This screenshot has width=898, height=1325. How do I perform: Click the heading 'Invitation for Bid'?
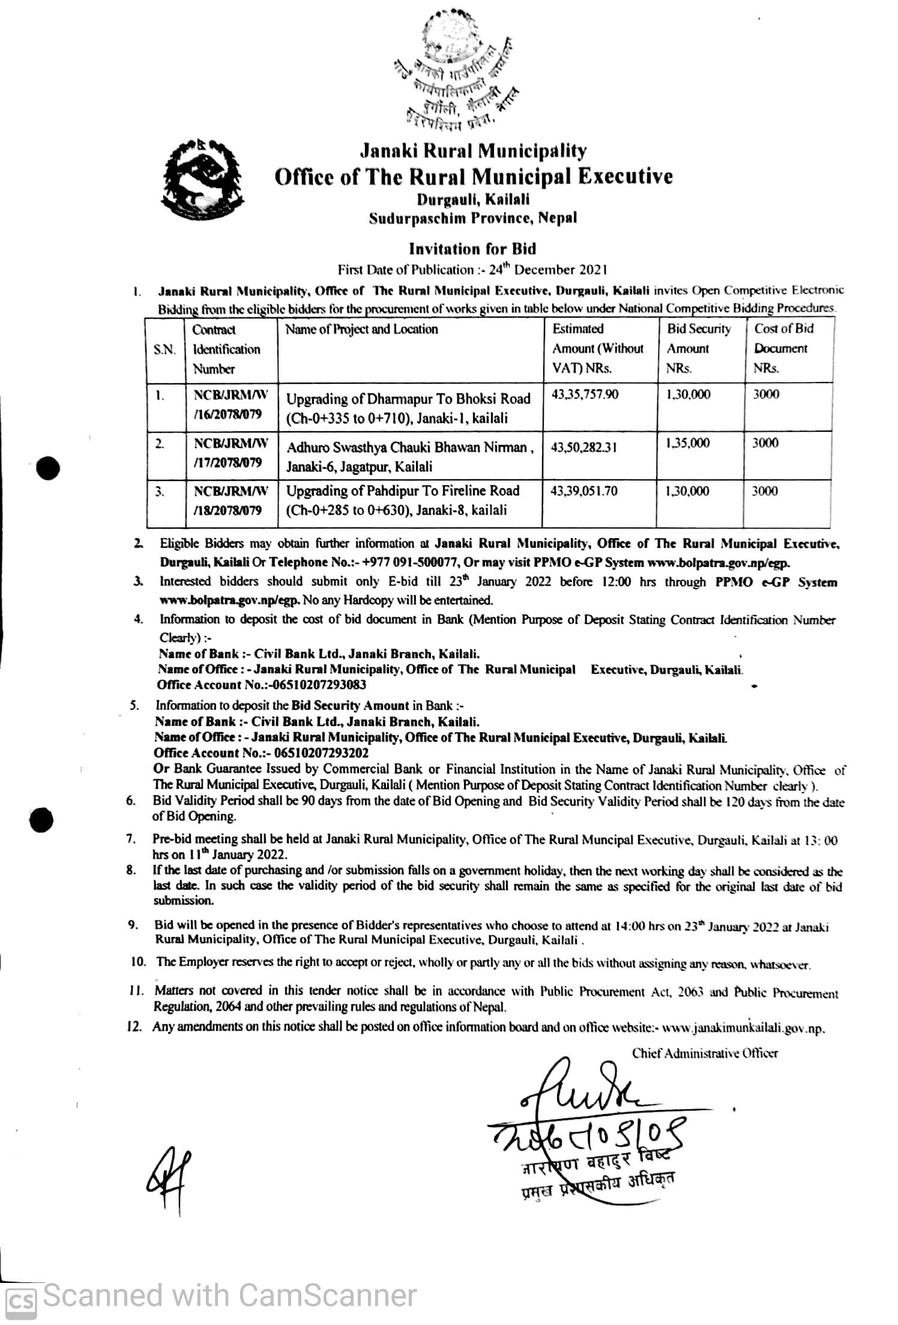pyautogui.click(x=472, y=249)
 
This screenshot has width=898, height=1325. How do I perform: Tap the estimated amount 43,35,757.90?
pyautogui.click(x=585, y=395)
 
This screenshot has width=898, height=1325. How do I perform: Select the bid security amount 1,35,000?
pyautogui.click(x=688, y=443)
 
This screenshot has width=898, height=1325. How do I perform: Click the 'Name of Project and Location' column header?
pyautogui.click(x=361, y=329)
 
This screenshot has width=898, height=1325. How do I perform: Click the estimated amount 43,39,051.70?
pyautogui.click(x=584, y=491)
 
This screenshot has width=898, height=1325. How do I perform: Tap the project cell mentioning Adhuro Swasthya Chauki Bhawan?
pyautogui.click(x=410, y=456)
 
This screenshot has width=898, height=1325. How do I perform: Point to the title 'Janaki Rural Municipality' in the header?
pyautogui.click(x=472, y=150)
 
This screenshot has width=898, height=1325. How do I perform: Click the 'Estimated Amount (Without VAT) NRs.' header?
pyautogui.click(x=597, y=348)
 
